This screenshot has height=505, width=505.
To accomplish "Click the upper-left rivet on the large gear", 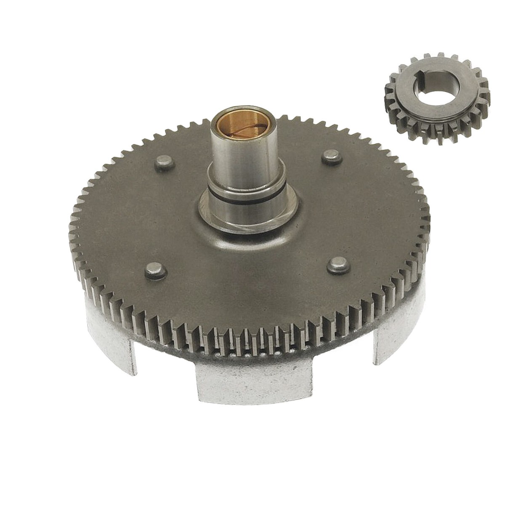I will coord(162,162).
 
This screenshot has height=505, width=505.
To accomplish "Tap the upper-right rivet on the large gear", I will coord(330,158).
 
